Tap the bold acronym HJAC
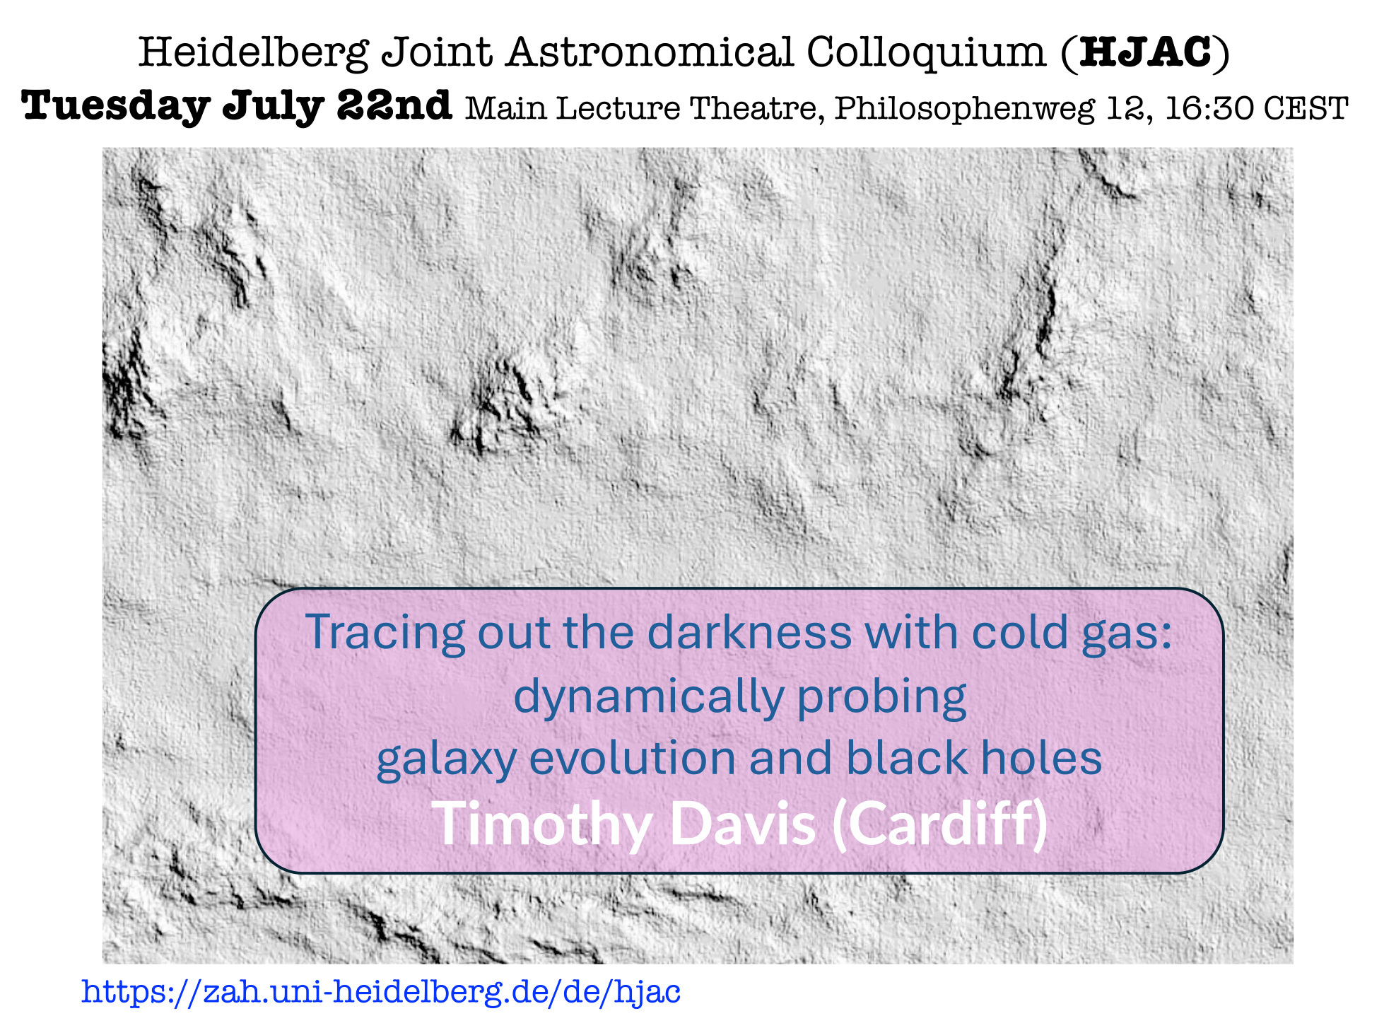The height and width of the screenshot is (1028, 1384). [x=1146, y=52]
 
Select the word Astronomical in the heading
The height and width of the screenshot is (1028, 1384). [x=650, y=52]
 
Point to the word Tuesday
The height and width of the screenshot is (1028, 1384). [x=115, y=107]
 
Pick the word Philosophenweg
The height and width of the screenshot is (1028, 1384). [x=964, y=109]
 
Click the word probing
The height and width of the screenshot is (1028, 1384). [x=881, y=697]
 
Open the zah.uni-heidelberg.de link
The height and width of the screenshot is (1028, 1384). [x=381, y=991]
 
